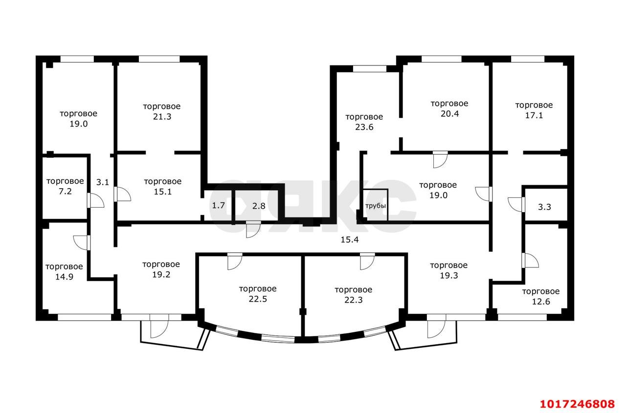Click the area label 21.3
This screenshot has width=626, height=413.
[x=162, y=116]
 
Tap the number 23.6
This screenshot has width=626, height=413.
[x=364, y=127]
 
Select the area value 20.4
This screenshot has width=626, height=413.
[x=449, y=114]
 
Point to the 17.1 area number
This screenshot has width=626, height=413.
[x=534, y=115]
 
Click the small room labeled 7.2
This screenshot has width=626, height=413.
[x=65, y=192]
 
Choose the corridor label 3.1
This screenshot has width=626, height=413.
[x=103, y=182]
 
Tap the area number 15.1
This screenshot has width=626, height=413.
[x=163, y=192]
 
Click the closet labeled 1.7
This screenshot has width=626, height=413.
[x=218, y=206]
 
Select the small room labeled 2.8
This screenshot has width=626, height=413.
[x=259, y=206]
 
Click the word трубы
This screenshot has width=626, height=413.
[x=376, y=206]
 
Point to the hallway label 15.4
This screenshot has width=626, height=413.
[x=350, y=239]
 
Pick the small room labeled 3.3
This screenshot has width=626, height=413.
[x=544, y=207]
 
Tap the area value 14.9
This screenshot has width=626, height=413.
[x=64, y=277]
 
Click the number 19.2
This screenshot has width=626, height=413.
[x=161, y=275]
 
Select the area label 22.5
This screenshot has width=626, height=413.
[x=258, y=299]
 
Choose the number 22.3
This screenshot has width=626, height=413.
[x=354, y=300]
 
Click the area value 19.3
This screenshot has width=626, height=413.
[x=449, y=276]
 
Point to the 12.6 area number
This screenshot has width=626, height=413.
[x=541, y=302]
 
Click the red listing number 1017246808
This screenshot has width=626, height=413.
[x=578, y=404]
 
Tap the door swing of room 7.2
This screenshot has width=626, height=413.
[x=96, y=200]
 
